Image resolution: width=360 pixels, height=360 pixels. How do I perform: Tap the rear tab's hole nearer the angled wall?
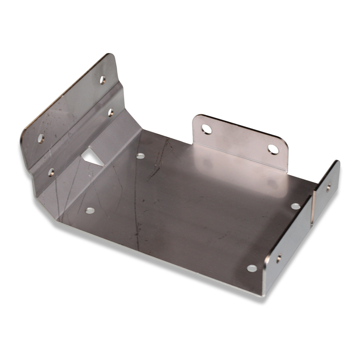click(x=206, y=129)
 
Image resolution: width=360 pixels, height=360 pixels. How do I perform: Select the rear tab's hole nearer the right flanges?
click(x=273, y=149)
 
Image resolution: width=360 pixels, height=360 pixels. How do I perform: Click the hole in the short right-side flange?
click(x=329, y=187)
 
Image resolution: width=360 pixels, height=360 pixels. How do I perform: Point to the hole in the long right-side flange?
click(x=278, y=259)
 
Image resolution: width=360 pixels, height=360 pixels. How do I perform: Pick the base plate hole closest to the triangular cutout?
click(x=140, y=155)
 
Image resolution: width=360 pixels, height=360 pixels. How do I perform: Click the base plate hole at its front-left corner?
click(x=90, y=210)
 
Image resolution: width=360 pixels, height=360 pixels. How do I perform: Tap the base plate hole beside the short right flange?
click(x=296, y=206)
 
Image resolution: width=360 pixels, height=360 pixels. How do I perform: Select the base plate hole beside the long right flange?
click(x=252, y=268)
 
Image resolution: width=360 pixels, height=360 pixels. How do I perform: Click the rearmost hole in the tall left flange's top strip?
click(x=103, y=80)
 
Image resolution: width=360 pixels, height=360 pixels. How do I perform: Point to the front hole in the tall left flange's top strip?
click(x=41, y=138)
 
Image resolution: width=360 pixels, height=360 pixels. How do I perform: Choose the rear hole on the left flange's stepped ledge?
click(x=111, y=112)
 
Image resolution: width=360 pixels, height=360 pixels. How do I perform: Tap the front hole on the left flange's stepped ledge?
click(x=51, y=172)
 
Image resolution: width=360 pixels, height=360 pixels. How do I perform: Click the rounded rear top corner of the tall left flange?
click(x=109, y=56)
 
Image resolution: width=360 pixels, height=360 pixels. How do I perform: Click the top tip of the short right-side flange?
click(x=337, y=162)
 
